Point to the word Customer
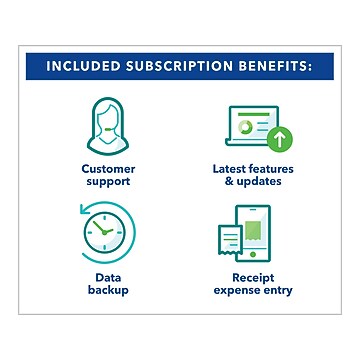(x=108, y=168)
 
